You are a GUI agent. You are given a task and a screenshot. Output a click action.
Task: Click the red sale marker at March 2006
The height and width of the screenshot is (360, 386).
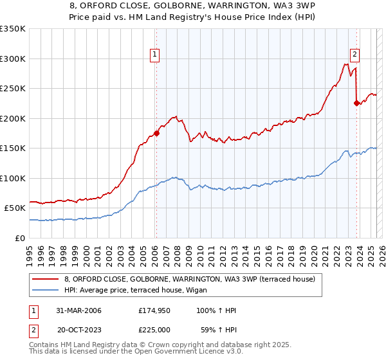click(x=156, y=133)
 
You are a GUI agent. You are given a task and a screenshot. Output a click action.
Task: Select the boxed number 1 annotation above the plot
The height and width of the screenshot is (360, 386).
click(x=156, y=55)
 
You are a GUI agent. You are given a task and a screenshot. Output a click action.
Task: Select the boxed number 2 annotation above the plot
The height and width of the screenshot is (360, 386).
click(x=355, y=55)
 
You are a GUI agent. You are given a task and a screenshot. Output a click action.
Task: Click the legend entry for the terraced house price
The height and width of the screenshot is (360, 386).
click(x=189, y=279)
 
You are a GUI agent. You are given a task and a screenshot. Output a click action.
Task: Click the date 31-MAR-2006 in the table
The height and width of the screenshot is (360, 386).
click(x=78, y=310)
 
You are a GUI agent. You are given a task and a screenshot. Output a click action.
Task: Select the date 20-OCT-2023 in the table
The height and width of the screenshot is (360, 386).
click(x=79, y=330)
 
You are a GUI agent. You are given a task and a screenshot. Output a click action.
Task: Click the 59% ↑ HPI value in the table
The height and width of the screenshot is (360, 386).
click(x=217, y=330)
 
